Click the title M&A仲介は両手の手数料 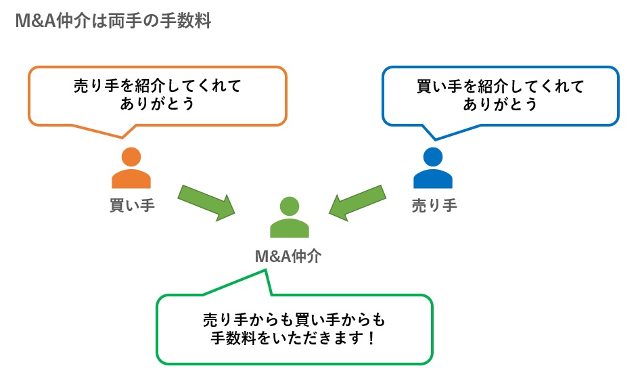[112, 21]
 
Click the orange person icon [131, 169]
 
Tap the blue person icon [433, 169]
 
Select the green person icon [290, 218]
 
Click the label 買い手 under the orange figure [132, 204]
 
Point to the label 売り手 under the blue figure [434, 204]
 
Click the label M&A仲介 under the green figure [289, 255]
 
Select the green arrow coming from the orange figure [206, 201]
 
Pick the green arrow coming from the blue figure [358, 201]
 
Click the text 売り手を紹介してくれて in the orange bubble [157, 87]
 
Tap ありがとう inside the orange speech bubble [157, 104]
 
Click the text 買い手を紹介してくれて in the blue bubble [500, 87]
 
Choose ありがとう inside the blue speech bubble [500, 104]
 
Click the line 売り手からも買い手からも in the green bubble [294, 319]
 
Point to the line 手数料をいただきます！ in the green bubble [294, 337]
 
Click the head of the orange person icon [131, 157]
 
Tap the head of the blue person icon [433, 157]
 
